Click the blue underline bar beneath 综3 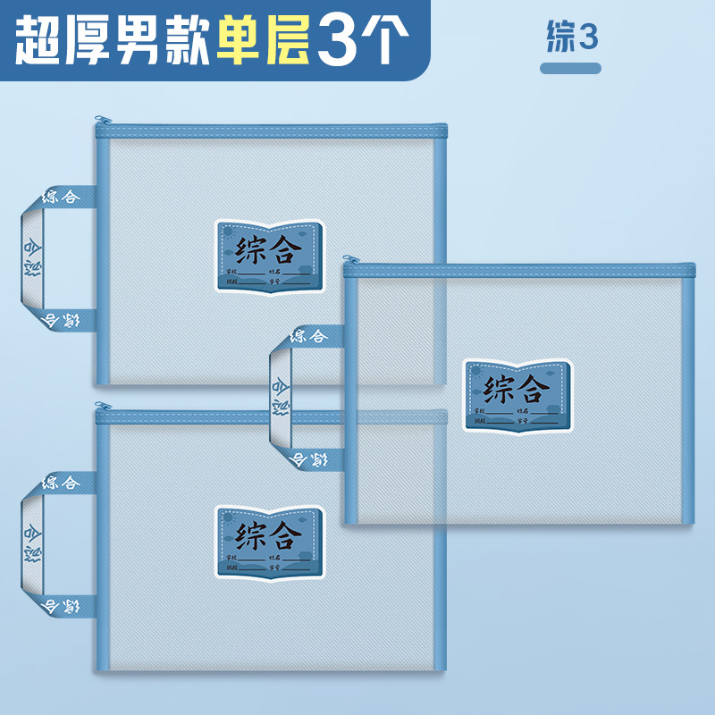(571, 68)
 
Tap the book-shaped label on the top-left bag (268, 256)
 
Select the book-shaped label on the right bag (517, 394)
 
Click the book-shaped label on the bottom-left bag (268, 541)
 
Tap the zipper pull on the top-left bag (103, 119)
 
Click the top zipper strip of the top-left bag (268, 131)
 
